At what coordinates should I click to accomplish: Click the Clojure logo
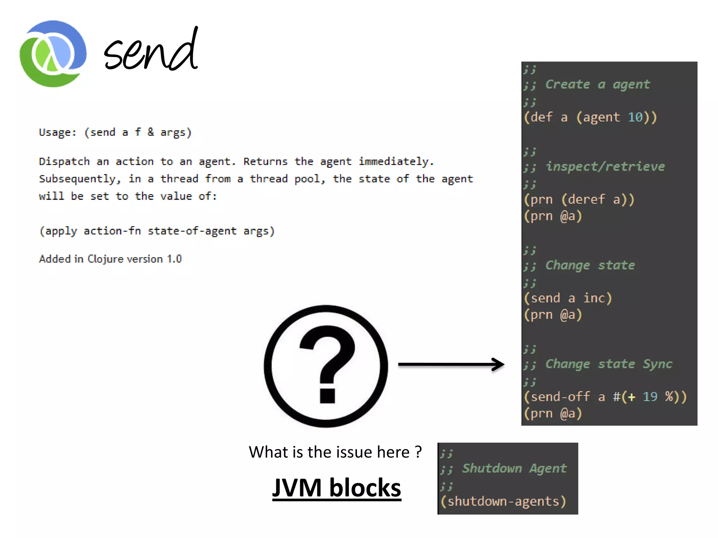pyautogui.click(x=53, y=54)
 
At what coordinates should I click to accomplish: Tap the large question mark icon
pyautogui.click(x=326, y=366)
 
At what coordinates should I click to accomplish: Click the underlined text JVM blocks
pyautogui.click(x=337, y=488)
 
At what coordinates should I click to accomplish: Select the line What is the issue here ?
pyautogui.click(x=335, y=452)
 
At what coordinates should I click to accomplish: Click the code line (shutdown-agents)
pyautogui.click(x=503, y=501)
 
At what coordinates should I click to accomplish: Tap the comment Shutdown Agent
pyautogui.click(x=514, y=468)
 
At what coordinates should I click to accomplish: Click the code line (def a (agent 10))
pyautogui.click(x=590, y=117)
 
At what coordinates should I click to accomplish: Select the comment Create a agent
pyautogui.click(x=597, y=84)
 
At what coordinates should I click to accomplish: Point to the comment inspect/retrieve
pyautogui.click(x=605, y=166)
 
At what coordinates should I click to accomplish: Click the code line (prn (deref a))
pyautogui.click(x=579, y=199)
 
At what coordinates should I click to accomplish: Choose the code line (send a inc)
pyautogui.click(x=568, y=298)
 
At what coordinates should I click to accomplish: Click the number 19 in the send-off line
pyautogui.click(x=650, y=396)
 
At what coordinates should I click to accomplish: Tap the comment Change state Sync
pyautogui.click(x=608, y=364)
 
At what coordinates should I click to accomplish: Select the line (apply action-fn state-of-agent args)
pyautogui.click(x=157, y=231)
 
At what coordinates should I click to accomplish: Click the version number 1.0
pyautogui.click(x=174, y=259)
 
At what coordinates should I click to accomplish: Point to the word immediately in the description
pyautogui.click(x=396, y=161)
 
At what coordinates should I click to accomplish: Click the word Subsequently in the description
pyautogui.click(x=77, y=179)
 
